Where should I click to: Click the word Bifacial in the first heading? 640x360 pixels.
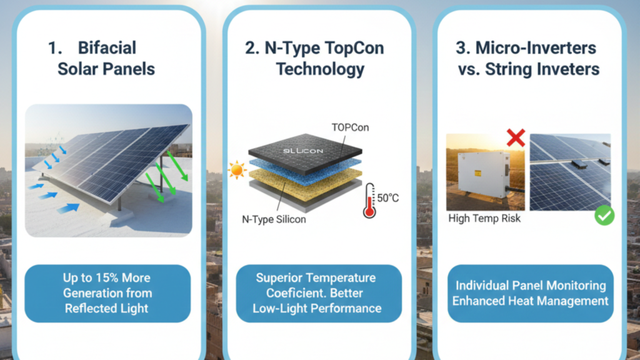[x=106, y=48]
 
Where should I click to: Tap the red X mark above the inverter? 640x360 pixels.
[x=516, y=137]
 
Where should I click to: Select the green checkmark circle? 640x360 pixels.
[x=604, y=216]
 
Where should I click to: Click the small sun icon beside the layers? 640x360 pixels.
[x=237, y=169]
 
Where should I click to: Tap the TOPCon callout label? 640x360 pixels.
[x=351, y=127]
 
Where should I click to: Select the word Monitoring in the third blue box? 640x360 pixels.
[x=574, y=285]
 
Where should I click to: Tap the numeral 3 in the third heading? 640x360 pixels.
[x=463, y=48]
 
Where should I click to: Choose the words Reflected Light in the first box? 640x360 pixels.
[x=107, y=307]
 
